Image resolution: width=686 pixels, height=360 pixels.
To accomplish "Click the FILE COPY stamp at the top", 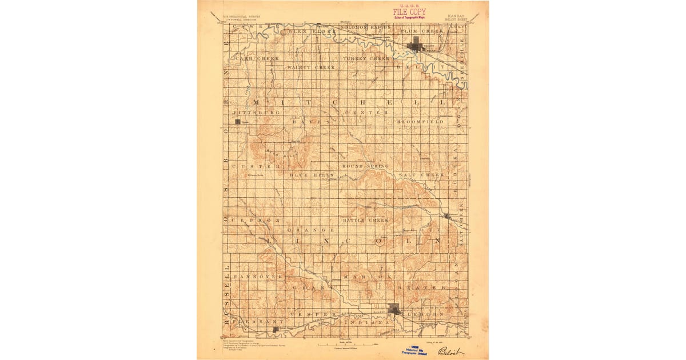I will tap(409, 11).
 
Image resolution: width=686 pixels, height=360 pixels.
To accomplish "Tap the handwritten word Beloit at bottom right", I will tap(450, 351).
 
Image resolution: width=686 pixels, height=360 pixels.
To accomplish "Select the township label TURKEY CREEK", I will tap(366, 58).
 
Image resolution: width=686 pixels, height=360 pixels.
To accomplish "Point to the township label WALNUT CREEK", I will tap(311, 67).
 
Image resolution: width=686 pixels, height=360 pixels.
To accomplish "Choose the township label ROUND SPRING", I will tap(365, 166).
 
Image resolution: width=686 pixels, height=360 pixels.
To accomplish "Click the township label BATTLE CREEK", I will tap(365, 219).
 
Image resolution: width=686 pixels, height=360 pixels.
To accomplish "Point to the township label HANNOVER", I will tap(258, 276).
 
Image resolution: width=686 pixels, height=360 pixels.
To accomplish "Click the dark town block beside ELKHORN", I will tap(394, 309).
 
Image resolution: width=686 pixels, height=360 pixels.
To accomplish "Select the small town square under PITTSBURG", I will tap(238, 121).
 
